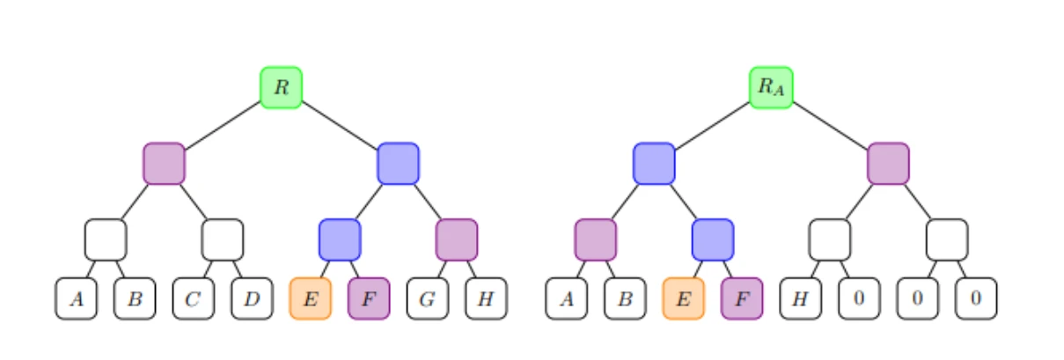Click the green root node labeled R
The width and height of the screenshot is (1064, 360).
[281, 87]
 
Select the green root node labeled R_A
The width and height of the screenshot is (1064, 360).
[771, 87]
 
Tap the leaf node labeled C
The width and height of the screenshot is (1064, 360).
[193, 298]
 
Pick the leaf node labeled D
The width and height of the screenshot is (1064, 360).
[252, 298]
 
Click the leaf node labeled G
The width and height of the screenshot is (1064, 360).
[427, 298]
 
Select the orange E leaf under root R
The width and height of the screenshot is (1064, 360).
[310, 298]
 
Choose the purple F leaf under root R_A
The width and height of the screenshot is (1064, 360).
[742, 298]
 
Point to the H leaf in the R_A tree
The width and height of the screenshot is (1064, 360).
[800, 298]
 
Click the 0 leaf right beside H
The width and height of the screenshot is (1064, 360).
[859, 298]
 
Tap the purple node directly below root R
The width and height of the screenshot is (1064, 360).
[164, 164]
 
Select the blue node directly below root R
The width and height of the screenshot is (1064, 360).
[398, 164]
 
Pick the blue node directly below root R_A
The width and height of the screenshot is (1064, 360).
[654, 164]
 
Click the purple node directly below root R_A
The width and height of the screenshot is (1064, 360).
[888, 164]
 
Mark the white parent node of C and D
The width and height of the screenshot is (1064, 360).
[222, 239]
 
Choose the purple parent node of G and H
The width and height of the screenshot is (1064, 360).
[457, 239]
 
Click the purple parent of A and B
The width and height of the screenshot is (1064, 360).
[595, 239]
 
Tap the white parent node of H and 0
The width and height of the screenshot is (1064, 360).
[830, 239]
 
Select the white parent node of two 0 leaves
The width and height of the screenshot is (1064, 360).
[947, 239]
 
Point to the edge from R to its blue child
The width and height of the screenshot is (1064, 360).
[340, 125]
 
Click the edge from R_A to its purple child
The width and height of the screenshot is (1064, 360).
[830, 125]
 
